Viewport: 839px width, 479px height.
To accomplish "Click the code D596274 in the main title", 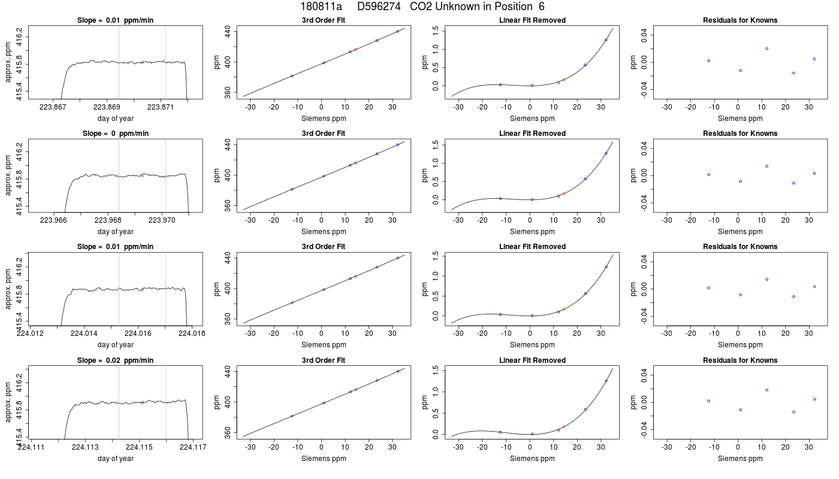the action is click(379, 7).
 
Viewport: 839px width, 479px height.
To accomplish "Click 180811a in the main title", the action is click(321, 7).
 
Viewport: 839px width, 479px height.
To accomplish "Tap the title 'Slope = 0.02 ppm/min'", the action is click(115, 360).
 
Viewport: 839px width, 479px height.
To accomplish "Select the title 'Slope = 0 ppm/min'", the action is click(115, 134).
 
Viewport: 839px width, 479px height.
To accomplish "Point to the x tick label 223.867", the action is click(53, 107).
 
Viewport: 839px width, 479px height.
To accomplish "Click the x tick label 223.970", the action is click(162, 220).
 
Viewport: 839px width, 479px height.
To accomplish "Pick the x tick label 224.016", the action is click(138, 334).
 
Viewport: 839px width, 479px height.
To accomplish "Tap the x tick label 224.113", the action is click(85, 447).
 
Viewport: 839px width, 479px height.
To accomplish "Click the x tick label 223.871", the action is click(161, 107).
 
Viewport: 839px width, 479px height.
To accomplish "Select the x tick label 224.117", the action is click(193, 447).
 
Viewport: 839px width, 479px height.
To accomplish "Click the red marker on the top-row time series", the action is click(143, 62).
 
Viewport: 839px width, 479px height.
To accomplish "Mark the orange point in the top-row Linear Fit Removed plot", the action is click(564, 80).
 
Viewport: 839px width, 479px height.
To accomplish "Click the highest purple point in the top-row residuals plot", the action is click(766, 48).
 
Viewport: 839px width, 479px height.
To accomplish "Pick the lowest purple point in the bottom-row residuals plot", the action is click(793, 412).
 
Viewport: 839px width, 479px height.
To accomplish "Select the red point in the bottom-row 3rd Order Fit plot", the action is click(355, 390).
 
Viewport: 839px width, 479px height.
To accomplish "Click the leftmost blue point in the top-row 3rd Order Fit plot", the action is click(292, 76).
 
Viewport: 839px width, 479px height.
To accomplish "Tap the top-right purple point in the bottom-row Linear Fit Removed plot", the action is click(606, 381).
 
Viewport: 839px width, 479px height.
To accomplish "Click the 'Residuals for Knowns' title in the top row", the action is click(740, 20).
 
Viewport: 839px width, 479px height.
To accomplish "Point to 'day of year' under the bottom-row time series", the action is click(115, 459).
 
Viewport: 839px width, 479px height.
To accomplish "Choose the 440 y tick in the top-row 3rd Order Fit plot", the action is click(227, 31).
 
